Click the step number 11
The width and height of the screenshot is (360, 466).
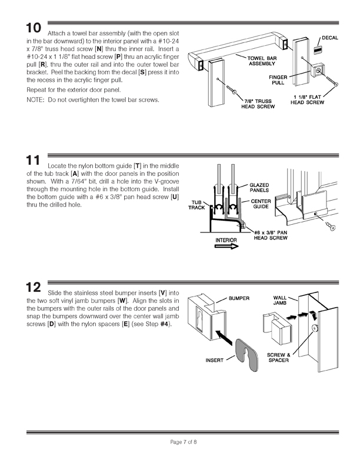pos(32,161)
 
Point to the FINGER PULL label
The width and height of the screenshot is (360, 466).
pos(278,80)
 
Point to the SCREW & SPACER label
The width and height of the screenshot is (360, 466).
pos(278,357)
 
